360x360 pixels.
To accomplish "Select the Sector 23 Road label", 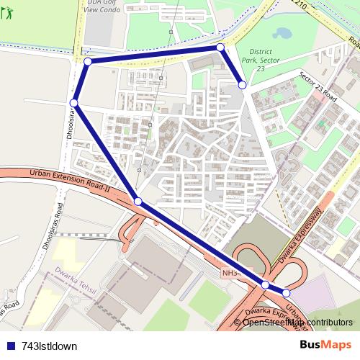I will coord(317,86).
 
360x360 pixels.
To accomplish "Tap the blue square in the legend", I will coord(10,346).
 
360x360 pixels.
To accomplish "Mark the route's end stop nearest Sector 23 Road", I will coord(243,85).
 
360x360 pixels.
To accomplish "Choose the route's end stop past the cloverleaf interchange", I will coord(286,293).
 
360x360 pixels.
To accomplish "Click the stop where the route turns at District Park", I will coord(220,47).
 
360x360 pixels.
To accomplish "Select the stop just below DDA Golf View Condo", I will coord(88,62).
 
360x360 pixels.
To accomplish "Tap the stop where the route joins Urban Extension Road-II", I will coord(138,201).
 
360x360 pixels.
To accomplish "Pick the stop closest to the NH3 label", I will coord(265,285).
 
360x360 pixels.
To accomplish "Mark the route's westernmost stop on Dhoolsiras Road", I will coord(74,103).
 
